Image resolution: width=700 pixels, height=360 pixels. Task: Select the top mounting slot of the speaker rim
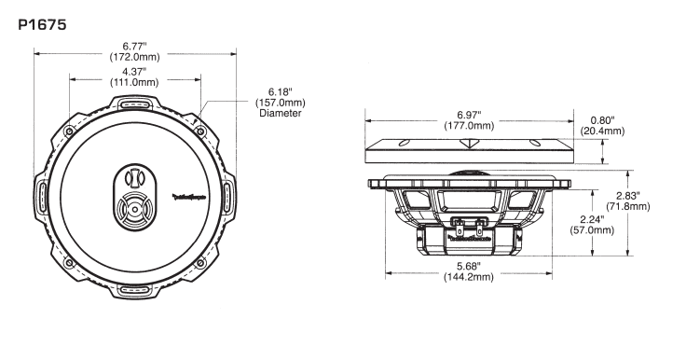134,104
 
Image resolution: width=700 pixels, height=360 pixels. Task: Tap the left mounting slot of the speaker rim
43,197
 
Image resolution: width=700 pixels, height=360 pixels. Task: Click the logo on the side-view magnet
469,239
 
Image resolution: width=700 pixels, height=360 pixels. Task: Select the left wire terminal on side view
459,224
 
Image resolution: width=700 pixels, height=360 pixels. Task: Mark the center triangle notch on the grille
469,143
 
